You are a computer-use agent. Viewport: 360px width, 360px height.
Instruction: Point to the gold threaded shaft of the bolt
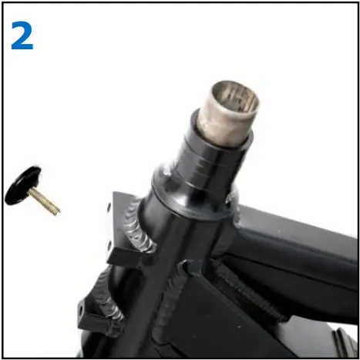click(x=46, y=202)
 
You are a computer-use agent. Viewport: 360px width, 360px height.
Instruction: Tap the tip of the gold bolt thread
click(x=57, y=211)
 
